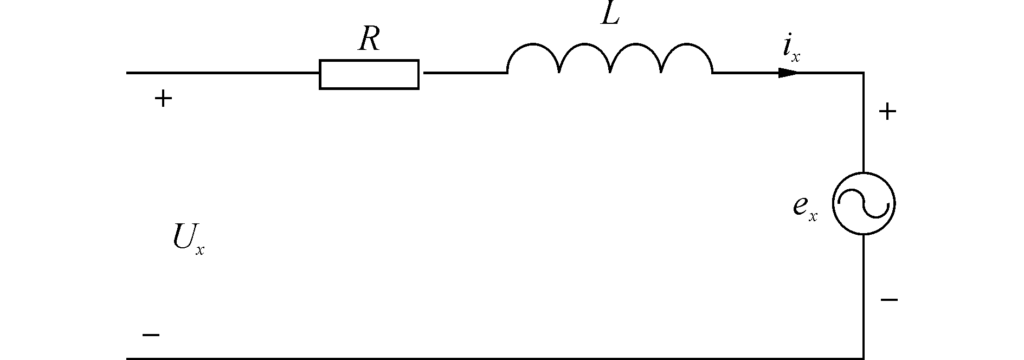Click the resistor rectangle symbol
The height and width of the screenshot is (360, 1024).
click(x=369, y=74)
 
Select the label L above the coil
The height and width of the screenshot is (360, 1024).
click(x=610, y=16)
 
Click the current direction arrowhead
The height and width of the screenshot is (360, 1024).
click(x=788, y=73)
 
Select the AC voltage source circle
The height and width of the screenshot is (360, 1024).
click(x=864, y=204)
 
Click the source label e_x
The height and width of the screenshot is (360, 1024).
click(x=804, y=208)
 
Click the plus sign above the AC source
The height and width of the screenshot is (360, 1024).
click(x=887, y=112)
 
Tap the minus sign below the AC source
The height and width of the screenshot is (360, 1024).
click(x=889, y=299)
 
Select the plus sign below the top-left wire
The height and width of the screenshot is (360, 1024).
click(x=163, y=99)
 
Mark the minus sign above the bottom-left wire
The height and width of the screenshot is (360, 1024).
click(x=151, y=335)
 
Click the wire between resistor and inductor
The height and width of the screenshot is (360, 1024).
click(x=463, y=73)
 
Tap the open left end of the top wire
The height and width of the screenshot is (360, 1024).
click(x=128, y=73)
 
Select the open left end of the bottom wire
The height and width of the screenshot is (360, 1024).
click(x=128, y=358)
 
